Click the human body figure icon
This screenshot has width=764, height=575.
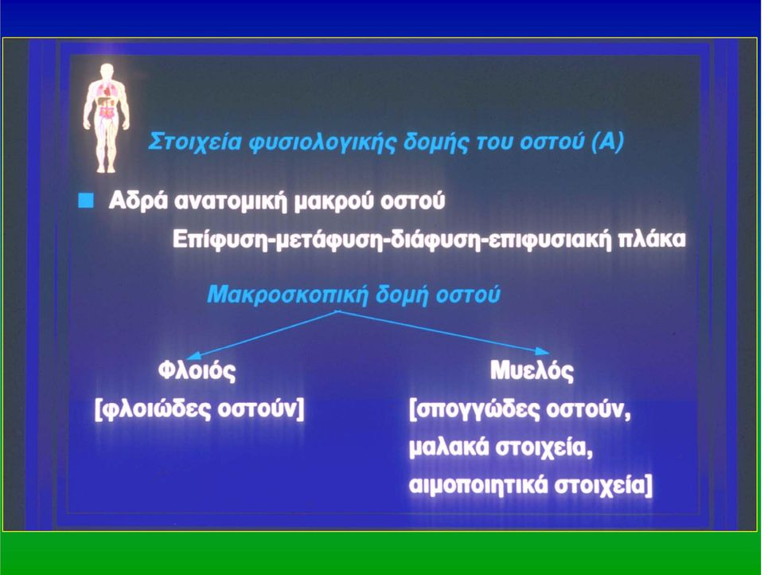pos(106,118)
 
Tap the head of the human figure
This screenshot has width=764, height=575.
pos(106,71)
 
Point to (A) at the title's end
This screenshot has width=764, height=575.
pos(606,142)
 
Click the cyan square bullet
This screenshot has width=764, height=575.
pos(86,201)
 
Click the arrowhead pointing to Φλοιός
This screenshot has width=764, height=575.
pos(194,355)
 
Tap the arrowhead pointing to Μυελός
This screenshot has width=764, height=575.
pos(542,350)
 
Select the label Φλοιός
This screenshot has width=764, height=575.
pos(197,370)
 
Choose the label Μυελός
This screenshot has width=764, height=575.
pos(532,370)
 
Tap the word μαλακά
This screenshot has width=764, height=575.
pos(448,448)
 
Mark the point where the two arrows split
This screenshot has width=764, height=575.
pos(338,311)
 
